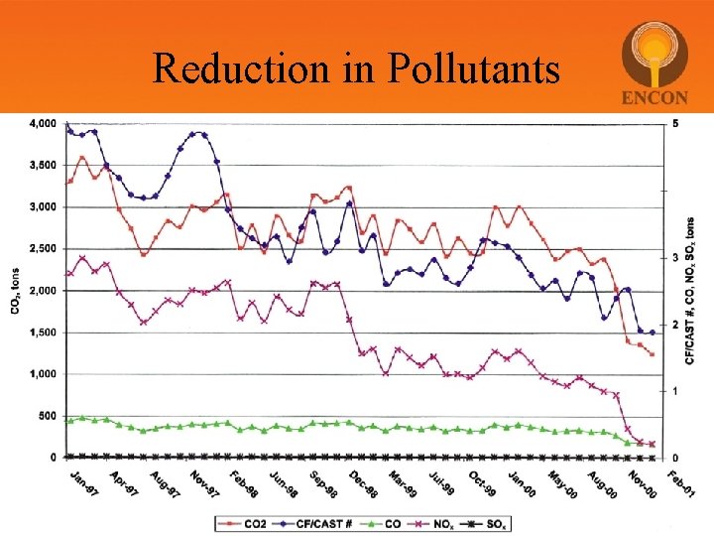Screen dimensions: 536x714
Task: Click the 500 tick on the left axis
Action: (47, 416)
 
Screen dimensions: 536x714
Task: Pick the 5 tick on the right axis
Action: (676, 124)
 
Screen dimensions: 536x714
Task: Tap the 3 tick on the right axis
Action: (676, 258)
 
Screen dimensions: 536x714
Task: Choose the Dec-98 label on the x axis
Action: (362, 484)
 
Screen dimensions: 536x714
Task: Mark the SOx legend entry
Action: (501, 523)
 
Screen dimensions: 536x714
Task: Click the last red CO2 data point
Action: (652, 353)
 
